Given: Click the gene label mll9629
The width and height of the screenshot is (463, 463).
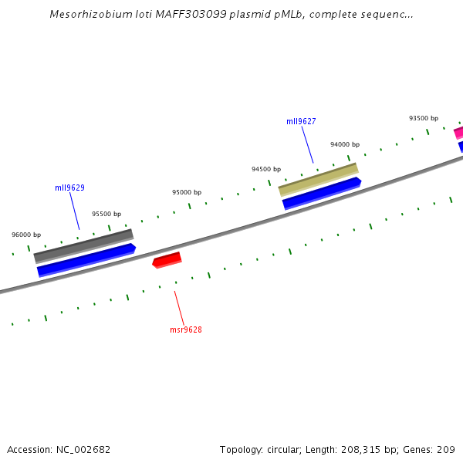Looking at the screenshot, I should (x=69, y=188).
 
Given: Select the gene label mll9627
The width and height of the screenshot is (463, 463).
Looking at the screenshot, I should (x=301, y=121).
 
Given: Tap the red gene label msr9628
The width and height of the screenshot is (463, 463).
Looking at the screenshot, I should (x=186, y=330).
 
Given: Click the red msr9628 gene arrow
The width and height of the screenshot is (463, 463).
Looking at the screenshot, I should (x=167, y=260).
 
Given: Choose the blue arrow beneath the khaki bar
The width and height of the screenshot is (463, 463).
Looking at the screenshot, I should (x=322, y=193).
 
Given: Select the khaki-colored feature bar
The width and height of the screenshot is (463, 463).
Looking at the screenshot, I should (x=318, y=179).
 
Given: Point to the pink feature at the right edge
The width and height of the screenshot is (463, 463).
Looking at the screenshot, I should (x=458, y=132).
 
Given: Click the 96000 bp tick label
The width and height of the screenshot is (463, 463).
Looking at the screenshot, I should (x=26, y=235).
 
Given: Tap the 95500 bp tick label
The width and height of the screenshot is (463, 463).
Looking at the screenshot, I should (x=106, y=214).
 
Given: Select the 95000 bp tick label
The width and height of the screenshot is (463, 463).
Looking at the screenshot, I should (x=187, y=192).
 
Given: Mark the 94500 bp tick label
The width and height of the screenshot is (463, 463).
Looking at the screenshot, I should (x=266, y=169).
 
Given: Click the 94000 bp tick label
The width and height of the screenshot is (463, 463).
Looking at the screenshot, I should (x=345, y=144).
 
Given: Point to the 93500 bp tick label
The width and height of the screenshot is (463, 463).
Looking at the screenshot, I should (x=424, y=118).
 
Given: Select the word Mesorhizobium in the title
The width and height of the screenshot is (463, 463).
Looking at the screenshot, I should (x=86, y=14).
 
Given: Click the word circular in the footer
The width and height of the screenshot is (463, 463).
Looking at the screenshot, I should (x=284, y=450).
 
